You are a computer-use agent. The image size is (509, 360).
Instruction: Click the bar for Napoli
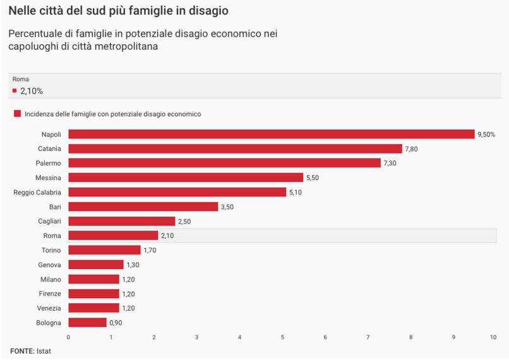271,134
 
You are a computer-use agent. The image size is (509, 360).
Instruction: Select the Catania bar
235,148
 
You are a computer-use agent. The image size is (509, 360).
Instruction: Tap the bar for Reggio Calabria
177,192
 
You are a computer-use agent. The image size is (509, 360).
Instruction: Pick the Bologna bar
87,323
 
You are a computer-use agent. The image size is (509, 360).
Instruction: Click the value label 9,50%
486,135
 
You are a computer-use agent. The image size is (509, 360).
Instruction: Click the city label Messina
48,177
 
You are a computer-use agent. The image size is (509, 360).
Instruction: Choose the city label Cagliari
49,221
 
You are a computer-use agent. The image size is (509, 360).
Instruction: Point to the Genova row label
49,265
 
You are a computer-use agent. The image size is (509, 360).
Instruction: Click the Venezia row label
49,308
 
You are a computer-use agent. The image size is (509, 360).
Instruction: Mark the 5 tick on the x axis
282,337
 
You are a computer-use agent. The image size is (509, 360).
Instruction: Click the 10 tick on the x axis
493,337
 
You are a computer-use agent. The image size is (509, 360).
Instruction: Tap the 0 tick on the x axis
68,337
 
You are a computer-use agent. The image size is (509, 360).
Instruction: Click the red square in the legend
17,114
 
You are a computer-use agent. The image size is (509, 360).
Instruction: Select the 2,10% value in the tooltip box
31,91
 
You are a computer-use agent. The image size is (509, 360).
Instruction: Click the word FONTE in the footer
21,351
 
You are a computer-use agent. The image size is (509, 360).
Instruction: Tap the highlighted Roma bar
113,236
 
